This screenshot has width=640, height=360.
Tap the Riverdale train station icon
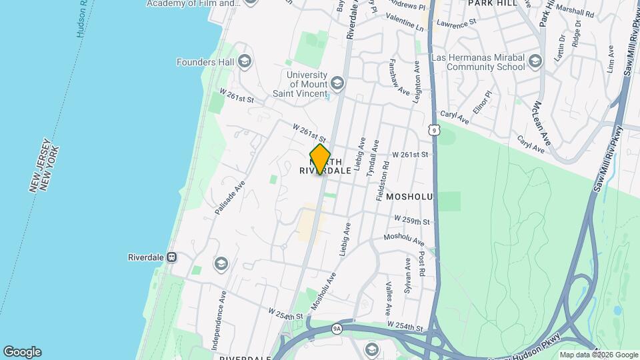[x=171, y=257]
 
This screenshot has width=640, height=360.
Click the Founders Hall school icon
[x=245, y=62]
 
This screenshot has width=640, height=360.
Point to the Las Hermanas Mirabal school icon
[x=535, y=62]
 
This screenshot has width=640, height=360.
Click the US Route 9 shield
[x=433, y=128]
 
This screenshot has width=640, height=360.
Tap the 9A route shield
[x=337, y=328]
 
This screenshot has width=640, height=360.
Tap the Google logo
[x=22, y=352]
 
